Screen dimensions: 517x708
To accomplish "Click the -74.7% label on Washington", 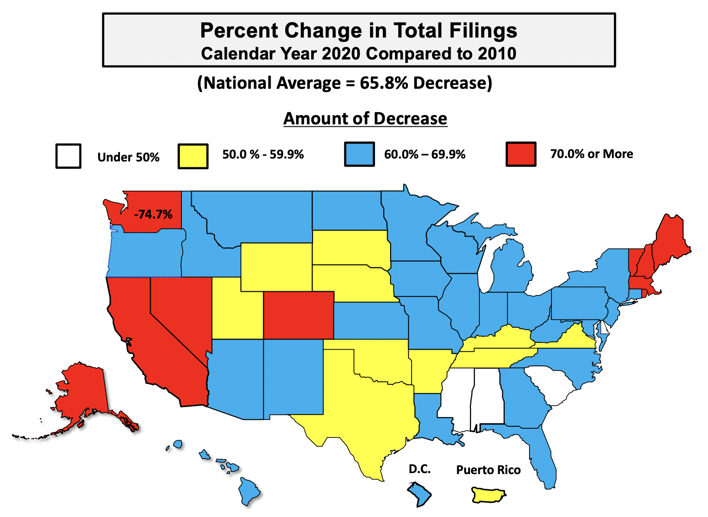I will tap(153, 215).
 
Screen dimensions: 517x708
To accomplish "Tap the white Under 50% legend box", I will tap(68, 156).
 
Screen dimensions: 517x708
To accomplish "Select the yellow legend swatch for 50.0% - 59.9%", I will tap(193, 156).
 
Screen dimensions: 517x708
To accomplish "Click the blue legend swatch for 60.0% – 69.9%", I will tap(359, 154).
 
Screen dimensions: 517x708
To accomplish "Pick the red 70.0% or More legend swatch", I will tap(521, 154).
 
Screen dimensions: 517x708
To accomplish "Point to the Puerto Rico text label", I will tap(488, 470).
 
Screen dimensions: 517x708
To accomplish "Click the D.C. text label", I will tap(419, 469).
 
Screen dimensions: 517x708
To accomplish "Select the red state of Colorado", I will tap(298, 315).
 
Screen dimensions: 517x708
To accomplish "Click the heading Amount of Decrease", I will tap(365, 119).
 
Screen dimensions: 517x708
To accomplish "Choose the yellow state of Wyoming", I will tap(275, 266).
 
